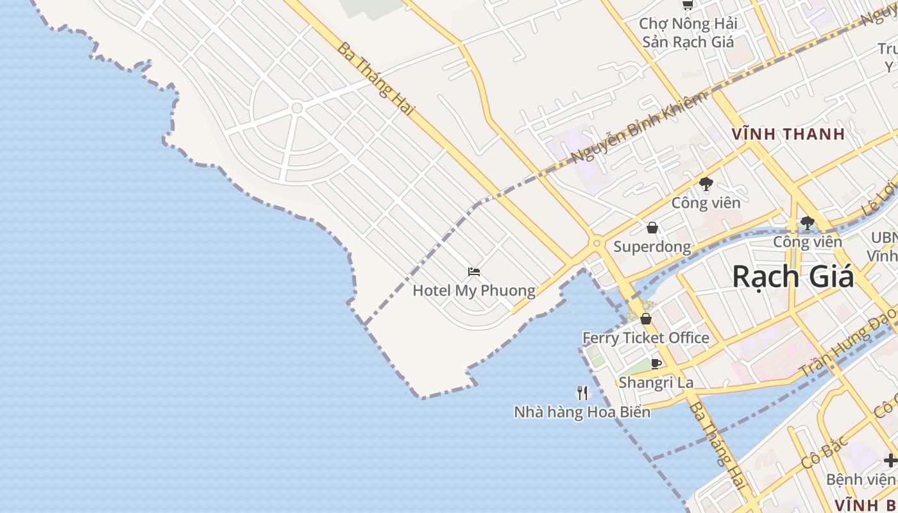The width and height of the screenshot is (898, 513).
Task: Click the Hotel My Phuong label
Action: coord(473,290)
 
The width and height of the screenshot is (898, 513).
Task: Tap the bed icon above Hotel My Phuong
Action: coord(474,272)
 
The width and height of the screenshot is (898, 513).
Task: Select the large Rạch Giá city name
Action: coord(793,276)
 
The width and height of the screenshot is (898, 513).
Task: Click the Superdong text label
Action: coord(652,247)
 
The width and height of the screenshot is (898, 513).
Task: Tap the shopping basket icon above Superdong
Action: coord(652,228)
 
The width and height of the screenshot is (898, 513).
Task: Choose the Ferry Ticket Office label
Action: coord(645,338)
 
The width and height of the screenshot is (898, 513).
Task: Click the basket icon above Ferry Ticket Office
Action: coord(646,319)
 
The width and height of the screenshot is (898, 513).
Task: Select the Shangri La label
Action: coord(656,383)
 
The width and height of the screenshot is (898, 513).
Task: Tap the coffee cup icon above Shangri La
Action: coord(656,364)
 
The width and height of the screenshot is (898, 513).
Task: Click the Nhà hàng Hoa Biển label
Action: coord(582,412)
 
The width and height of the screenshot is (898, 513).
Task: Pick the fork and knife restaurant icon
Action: coord(582,392)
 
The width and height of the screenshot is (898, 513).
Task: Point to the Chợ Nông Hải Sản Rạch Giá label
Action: coord(688,33)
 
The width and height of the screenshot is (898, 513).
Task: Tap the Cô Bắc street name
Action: coord(825,451)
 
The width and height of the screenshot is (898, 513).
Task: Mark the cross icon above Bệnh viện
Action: coord(890,460)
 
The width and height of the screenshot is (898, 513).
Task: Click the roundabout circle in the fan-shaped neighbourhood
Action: coord(296,108)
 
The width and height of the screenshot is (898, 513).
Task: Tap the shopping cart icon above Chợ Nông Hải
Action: coord(688,5)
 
